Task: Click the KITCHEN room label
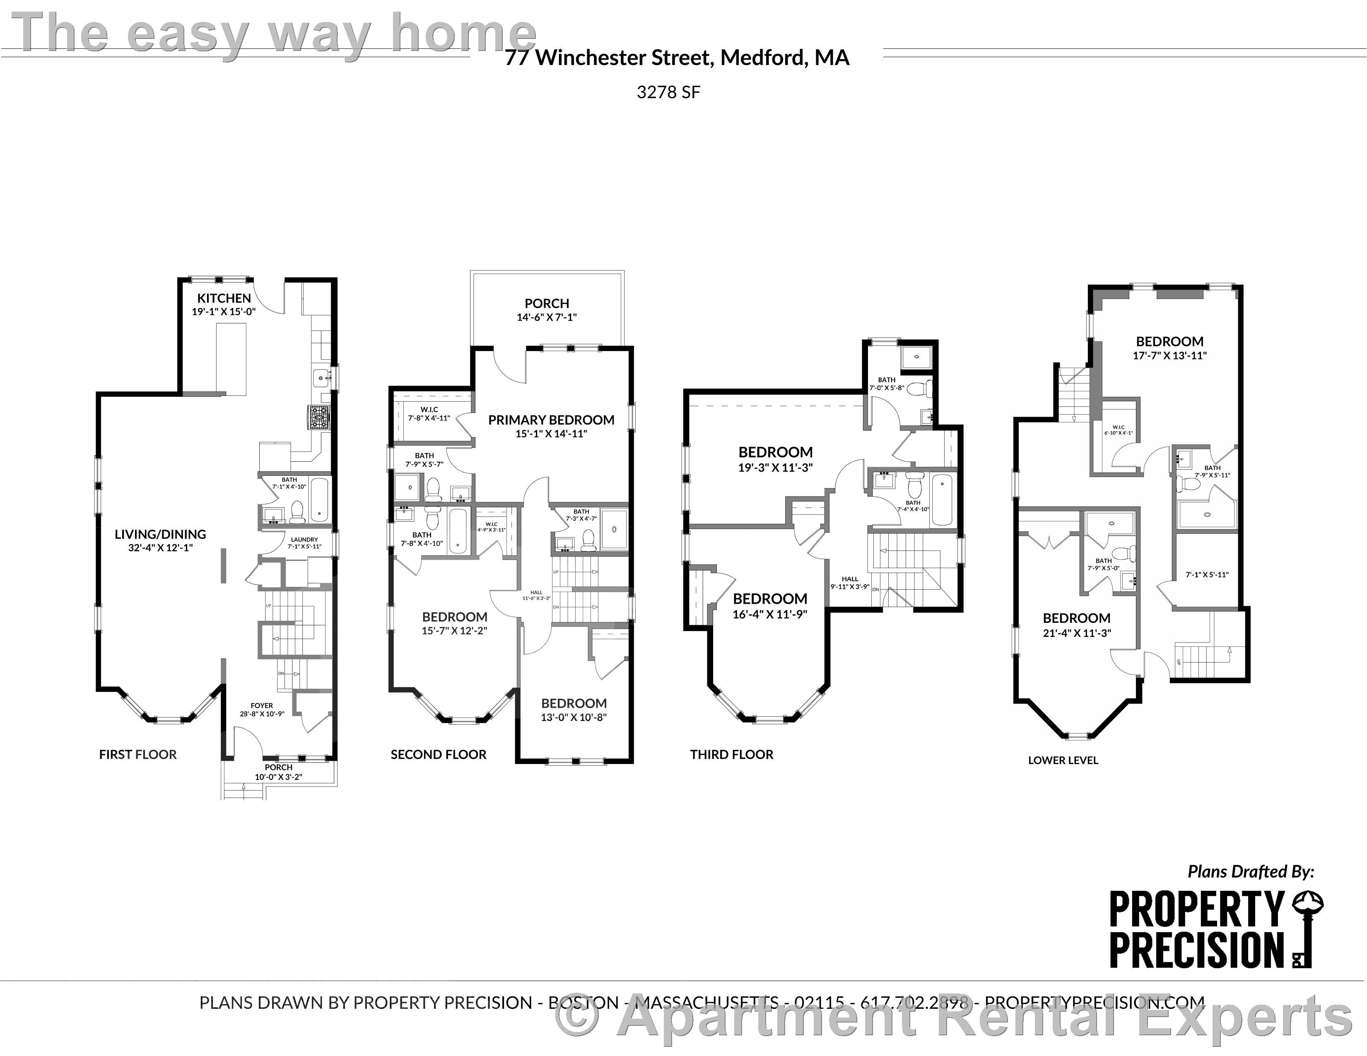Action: tap(224, 298)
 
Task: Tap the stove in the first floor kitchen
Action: tap(318, 417)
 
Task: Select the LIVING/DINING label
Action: tap(160, 534)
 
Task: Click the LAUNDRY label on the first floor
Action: tap(304, 539)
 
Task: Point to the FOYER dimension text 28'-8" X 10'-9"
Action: tap(262, 714)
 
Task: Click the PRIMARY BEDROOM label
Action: tap(551, 420)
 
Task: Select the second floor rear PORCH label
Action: tap(546, 303)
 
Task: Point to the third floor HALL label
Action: tap(849, 579)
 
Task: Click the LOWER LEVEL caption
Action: tap(1063, 760)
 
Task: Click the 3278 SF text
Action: tap(668, 92)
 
